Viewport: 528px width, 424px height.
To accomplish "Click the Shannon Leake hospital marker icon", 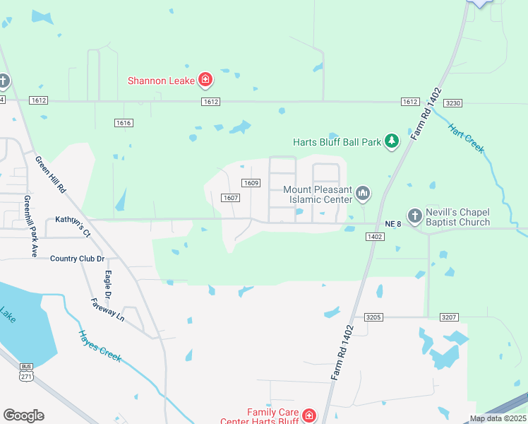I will point(205,80).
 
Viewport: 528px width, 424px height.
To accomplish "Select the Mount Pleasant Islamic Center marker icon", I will point(363,192).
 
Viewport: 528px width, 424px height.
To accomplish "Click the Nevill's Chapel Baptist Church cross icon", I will point(414,215).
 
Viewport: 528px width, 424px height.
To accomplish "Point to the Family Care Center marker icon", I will point(308,416).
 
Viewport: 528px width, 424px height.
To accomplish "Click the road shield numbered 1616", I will point(124,123).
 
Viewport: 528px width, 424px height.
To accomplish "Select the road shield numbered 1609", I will point(251,183).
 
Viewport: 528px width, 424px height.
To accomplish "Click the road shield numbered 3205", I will point(373,317).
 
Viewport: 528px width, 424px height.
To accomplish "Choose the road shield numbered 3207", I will point(450,317).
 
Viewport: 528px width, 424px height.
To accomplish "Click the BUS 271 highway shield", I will point(25,373).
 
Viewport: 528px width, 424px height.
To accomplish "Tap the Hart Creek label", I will point(466,139).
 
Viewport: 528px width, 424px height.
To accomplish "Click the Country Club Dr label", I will point(78,259).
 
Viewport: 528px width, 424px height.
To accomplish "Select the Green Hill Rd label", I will point(50,175).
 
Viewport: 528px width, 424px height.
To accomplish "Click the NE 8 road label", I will point(393,224).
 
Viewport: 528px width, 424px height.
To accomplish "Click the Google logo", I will point(23,416).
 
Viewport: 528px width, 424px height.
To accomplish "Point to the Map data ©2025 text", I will point(498,418).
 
